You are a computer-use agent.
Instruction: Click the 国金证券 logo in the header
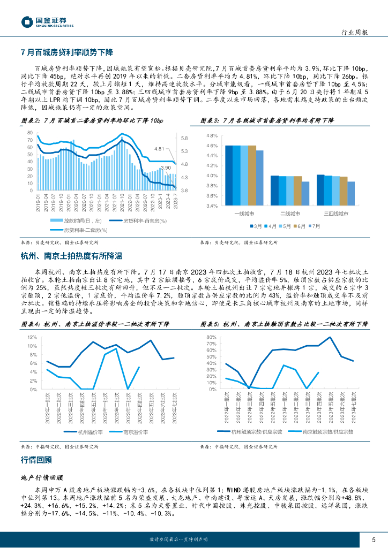coord(47,21)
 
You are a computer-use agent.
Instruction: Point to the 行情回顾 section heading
coord(36,460)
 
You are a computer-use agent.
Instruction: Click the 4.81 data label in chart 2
coord(159,148)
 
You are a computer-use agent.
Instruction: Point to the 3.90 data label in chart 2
coord(166,168)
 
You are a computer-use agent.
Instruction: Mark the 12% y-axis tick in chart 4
coord(32,337)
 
